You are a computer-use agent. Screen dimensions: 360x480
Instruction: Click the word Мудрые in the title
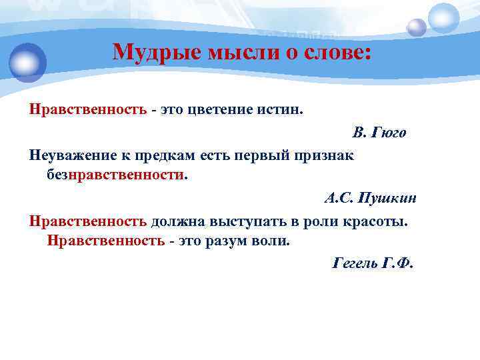[x=147, y=51]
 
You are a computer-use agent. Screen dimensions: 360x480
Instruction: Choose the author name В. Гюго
[x=379, y=132]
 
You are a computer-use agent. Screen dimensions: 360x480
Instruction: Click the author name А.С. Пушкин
[x=370, y=198]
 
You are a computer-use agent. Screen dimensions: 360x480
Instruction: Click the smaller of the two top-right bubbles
[x=417, y=27]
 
